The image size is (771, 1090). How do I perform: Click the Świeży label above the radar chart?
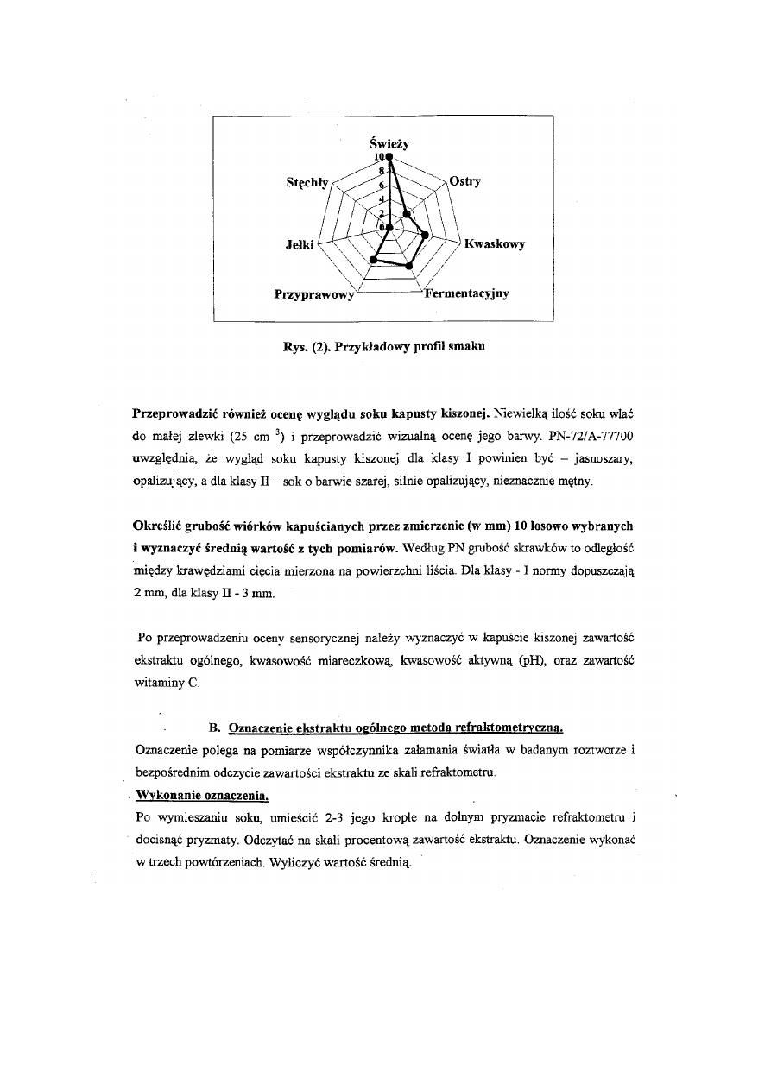point(389,143)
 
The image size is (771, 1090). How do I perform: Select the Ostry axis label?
point(464,182)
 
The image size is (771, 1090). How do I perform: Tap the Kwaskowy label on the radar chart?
point(494,244)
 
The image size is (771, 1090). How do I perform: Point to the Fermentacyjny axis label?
point(466,293)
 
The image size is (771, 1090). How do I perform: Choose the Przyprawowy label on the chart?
point(313,294)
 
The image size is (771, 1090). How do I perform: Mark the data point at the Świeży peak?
point(389,157)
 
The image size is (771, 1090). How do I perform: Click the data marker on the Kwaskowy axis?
point(425,233)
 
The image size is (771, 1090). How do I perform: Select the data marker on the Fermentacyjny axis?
point(409,265)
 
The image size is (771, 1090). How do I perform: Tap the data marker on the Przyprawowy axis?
point(373,258)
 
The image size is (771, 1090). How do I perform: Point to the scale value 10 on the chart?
point(378,157)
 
